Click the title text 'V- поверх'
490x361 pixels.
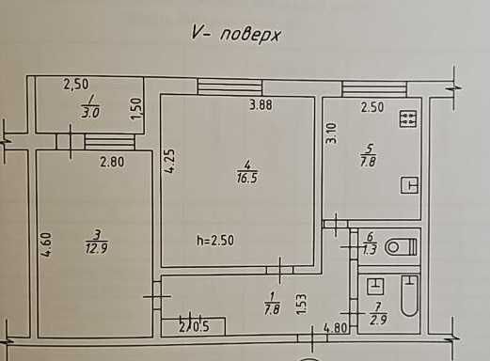pyautogui.click(x=236, y=36)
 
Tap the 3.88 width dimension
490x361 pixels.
pyautogui.click(x=261, y=106)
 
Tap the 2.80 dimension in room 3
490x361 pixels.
pyautogui.click(x=113, y=162)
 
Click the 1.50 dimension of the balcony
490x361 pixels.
pyautogui.click(x=136, y=110)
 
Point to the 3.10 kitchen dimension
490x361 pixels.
pyautogui.click(x=331, y=134)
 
